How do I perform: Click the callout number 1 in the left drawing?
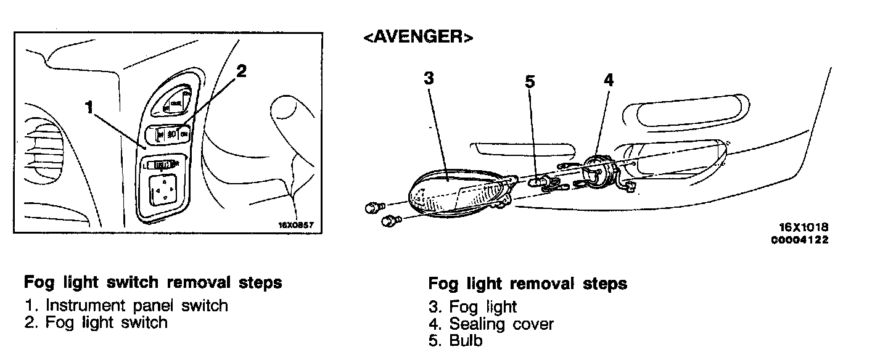point(89,108)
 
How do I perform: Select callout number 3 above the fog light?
point(429,79)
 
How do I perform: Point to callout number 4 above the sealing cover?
point(608,80)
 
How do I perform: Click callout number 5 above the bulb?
point(530,83)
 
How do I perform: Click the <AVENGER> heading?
point(418,38)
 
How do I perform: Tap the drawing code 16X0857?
point(297,225)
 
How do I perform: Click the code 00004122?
point(800,240)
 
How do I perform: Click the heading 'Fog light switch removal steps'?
point(153,282)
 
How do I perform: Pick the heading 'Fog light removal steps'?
point(527,284)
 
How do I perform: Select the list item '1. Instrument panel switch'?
point(126,305)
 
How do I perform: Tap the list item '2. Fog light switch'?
point(96,322)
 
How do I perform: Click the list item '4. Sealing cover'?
point(491,324)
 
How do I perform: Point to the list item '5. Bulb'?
point(456,340)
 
